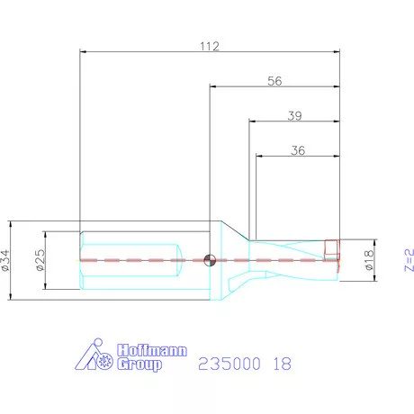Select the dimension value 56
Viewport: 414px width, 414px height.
coord(274,80)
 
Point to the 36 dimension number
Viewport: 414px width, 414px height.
coord(297,150)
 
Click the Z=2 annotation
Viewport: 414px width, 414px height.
coord(408,259)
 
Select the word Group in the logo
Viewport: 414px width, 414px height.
coord(140,364)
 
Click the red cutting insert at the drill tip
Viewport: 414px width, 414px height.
coord(330,247)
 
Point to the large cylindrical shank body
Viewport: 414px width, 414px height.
coord(135,260)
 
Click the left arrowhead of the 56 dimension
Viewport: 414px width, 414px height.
coord(212,87)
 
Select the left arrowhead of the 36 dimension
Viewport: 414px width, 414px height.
coord(259,157)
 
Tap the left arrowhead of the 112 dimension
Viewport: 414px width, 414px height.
coord(83,52)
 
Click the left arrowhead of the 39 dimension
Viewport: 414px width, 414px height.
coord(252,122)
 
